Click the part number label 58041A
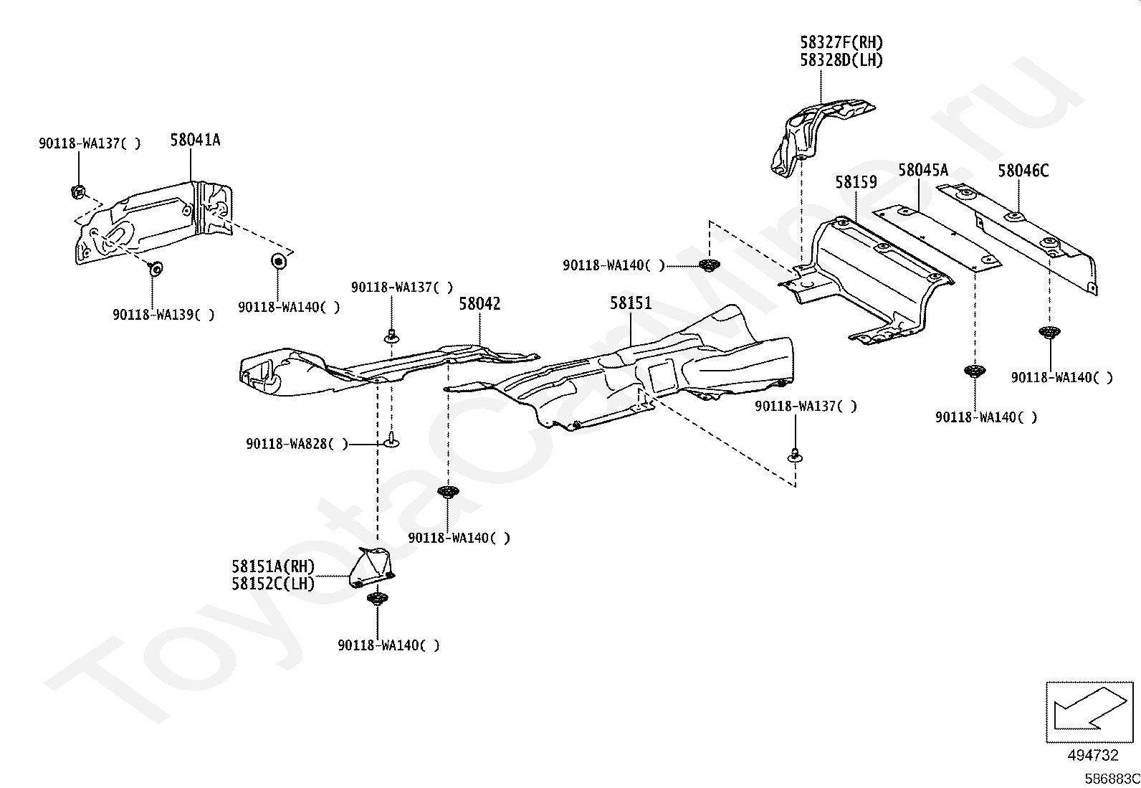tap(195, 140)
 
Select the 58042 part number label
tap(479, 304)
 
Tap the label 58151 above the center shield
tap(631, 303)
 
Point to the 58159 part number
tap(856, 182)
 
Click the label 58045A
tap(923, 170)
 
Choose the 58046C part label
tap(1023, 171)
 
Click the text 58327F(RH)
tap(841, 42)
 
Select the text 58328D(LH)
tap(841, 60)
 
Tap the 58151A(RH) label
tap(274, 566)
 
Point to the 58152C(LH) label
tap(274, 584)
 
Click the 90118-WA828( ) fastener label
tap(297, 444)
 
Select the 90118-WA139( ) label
tap(163, 315)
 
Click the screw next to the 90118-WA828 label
tap(391, 440)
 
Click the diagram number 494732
tap(1092, 755)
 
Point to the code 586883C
tap(1112, 779)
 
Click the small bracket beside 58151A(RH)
tap(373, 566)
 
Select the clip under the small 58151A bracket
tap(378, 598)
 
